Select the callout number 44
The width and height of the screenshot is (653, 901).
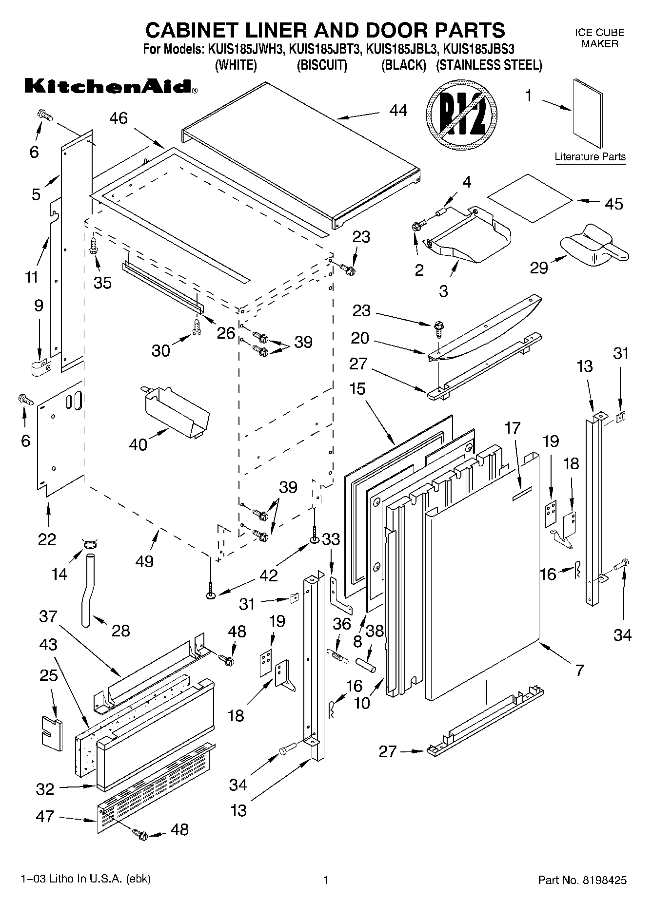click(x=398, y=111)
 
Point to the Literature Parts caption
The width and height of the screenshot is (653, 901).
click(x=590, y=157)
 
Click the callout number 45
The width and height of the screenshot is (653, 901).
click(x=613, y=204)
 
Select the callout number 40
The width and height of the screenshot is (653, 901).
click(x=138, y=444)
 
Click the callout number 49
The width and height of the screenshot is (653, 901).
click(x=145, y=561)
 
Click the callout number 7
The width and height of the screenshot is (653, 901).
click(x=579, y=671)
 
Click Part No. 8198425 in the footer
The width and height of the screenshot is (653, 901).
click(x=582, y=880)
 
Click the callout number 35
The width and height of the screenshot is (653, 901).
click(x=102, y=283)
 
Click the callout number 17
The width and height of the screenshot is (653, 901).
click(x=513, y=428)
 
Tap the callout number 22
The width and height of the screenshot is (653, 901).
click(x=47, y=539)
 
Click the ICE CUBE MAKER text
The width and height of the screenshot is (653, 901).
click(x=599, y=38)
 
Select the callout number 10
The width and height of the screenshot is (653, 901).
click(x=362, y=703)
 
